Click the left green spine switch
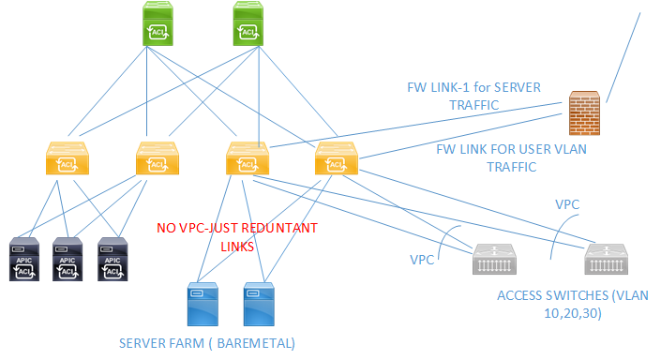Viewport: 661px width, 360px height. point(158,23)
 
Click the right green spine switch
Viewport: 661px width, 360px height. point(248,23)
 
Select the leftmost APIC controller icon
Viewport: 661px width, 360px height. point(23,260)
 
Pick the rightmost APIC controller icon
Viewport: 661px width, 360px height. point(113,260)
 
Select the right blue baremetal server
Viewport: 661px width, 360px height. point(260,304)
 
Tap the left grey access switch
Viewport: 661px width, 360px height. point(495,260)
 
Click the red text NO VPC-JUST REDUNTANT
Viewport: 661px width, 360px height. point(237,228)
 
